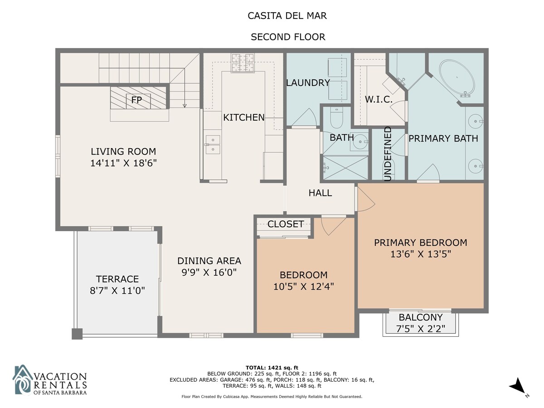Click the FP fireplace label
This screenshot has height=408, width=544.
[x=136, y=100]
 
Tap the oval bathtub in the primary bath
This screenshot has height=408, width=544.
[x=457, y=78]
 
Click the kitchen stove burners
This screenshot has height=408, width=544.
[x=243, y=63]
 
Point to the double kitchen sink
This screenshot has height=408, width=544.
[x=213, y=145]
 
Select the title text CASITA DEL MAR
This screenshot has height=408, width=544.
[x=287, y=16]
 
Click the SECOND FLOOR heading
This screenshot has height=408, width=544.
[x=288, y=37]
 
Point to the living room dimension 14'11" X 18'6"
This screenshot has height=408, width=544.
[x=123, y=163]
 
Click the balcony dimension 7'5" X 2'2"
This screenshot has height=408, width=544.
[x=421, y=329]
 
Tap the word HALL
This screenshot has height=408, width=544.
[x=320, y=193]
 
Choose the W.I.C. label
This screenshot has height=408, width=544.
[x=379, y=100]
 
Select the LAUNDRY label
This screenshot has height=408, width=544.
[x=308, y=83]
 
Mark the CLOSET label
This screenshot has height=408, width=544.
[x=286, y=224]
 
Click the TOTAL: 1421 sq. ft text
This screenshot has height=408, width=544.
[x=272, y=368]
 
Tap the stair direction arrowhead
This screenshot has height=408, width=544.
[x=185, y=106]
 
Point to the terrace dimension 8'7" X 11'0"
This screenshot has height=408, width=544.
[x=117, y=290]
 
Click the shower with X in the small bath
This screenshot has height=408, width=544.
[x=345, y=167]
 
